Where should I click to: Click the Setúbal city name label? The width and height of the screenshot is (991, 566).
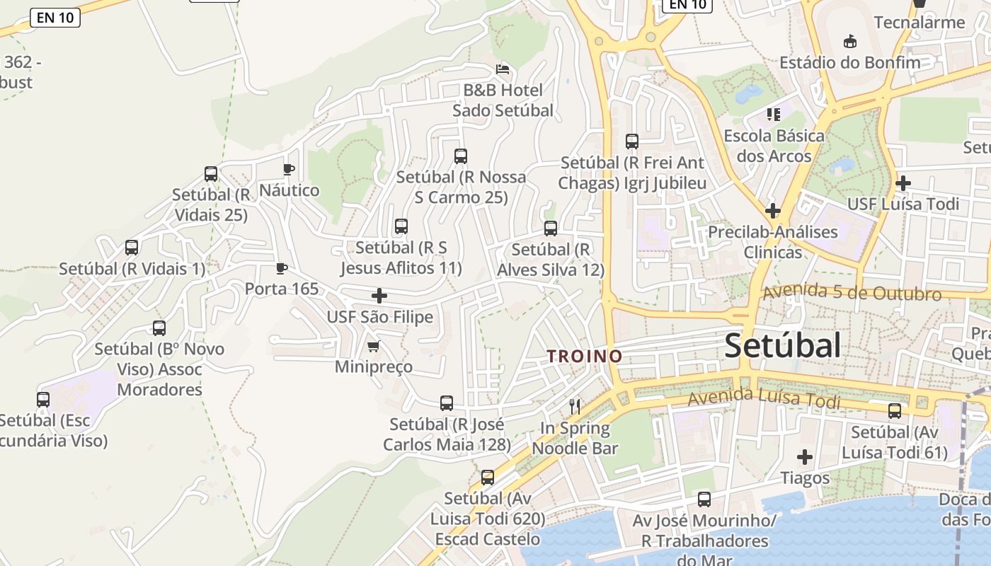[783, 345]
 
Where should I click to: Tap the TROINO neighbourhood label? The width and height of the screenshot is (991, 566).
[585, 356]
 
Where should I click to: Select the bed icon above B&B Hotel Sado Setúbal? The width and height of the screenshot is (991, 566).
[502, 69]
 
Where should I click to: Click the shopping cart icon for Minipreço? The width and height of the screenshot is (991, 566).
[374, 346]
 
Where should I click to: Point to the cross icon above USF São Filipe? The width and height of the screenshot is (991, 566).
[379, 295]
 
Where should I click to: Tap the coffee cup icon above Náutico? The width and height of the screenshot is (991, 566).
[288, 169]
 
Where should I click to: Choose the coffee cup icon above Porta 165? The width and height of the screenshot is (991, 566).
[282, 268]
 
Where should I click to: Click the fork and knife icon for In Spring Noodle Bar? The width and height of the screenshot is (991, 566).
[575, 406]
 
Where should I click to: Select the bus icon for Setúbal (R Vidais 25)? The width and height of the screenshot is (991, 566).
[211, 173]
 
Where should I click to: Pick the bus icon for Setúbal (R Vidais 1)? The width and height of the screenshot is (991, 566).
[132, 248]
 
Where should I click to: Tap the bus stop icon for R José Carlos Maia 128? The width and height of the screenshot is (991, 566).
[447, 403]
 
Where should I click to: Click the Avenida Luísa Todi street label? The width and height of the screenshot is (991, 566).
[764, 399]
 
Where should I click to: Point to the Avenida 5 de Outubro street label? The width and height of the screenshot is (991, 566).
[852, 292]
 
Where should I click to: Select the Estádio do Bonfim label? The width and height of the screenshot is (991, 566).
[850, 62]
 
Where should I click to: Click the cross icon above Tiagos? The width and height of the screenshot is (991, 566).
[805, 457]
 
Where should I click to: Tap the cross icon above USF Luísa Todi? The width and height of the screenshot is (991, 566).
[903, 183]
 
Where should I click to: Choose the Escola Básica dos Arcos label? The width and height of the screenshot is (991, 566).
[774, 145]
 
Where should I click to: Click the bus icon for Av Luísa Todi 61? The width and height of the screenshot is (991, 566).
[895, 411]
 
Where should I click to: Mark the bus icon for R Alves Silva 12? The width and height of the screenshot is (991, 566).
[551, 229]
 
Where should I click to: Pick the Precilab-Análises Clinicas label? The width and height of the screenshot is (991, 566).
[773, 241]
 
